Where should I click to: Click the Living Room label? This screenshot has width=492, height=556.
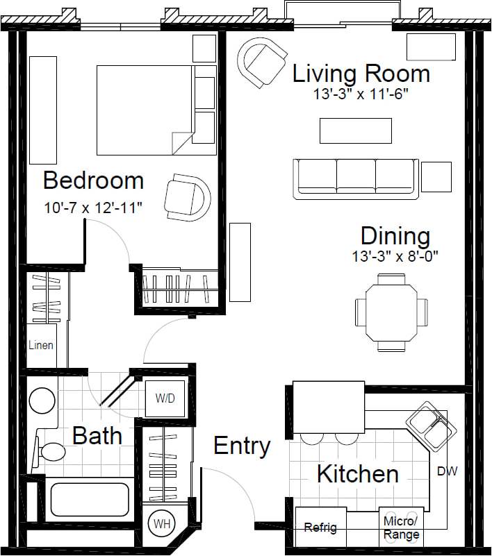click(x=361, y=73)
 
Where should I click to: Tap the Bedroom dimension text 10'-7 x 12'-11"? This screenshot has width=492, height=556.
click(x=92, y=208)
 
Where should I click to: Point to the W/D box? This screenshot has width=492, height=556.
click(x=165, y=399)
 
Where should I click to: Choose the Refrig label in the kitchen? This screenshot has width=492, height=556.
click(x=320, y=528)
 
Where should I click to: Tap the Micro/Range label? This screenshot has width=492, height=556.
click(x=401, y=528)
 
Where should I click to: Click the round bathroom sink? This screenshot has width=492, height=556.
click(x=43, y=401)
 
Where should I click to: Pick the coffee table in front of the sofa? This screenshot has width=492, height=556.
click(x=355, y=130)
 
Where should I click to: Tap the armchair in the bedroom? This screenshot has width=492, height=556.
click(x=188, y=197)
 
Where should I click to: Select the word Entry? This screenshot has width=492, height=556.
click(x=241, y=446)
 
